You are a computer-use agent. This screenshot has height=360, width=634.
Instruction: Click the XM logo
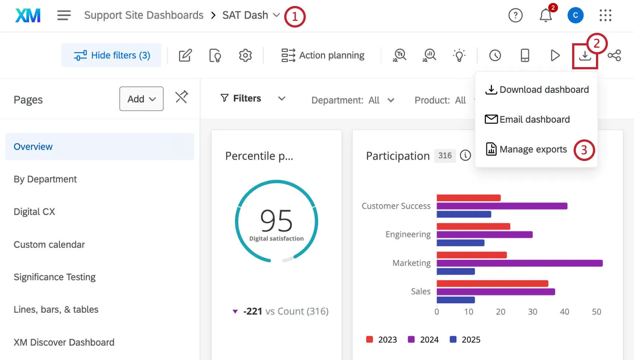[x=28, y=16]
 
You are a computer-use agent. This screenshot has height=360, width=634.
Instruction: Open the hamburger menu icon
[x=64, y=15]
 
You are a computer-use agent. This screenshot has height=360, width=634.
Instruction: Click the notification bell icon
[x=546, y=16]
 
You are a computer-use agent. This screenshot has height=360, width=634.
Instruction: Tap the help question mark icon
[x=515, y=16]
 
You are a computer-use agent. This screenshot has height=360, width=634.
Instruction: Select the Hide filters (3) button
[x=112, y=56]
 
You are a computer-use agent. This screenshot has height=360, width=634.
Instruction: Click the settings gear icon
[x=245, y=56]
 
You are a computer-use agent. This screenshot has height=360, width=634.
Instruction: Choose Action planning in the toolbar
[x=323, y=56]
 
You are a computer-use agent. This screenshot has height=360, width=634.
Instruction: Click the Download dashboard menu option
[x=537, y=90]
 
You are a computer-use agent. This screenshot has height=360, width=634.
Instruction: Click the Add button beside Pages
[x=141, y=99]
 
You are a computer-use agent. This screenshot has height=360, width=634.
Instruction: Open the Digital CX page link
[x=34, y=212]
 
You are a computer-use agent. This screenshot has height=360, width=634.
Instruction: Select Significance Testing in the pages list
[x=54, y=277]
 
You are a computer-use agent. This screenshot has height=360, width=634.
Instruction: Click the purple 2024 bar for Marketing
[x=519, y=263]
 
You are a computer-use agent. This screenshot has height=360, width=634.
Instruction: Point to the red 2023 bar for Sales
[x=492, y=284]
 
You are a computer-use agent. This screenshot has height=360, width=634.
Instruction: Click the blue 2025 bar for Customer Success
[x=464, y=214]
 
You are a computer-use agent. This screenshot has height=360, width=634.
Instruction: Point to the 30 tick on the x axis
[x=533, y=312]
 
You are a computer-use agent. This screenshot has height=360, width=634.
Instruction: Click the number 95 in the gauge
[x=276, y=221]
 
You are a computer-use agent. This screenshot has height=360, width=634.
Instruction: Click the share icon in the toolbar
[x=614, y=56]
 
